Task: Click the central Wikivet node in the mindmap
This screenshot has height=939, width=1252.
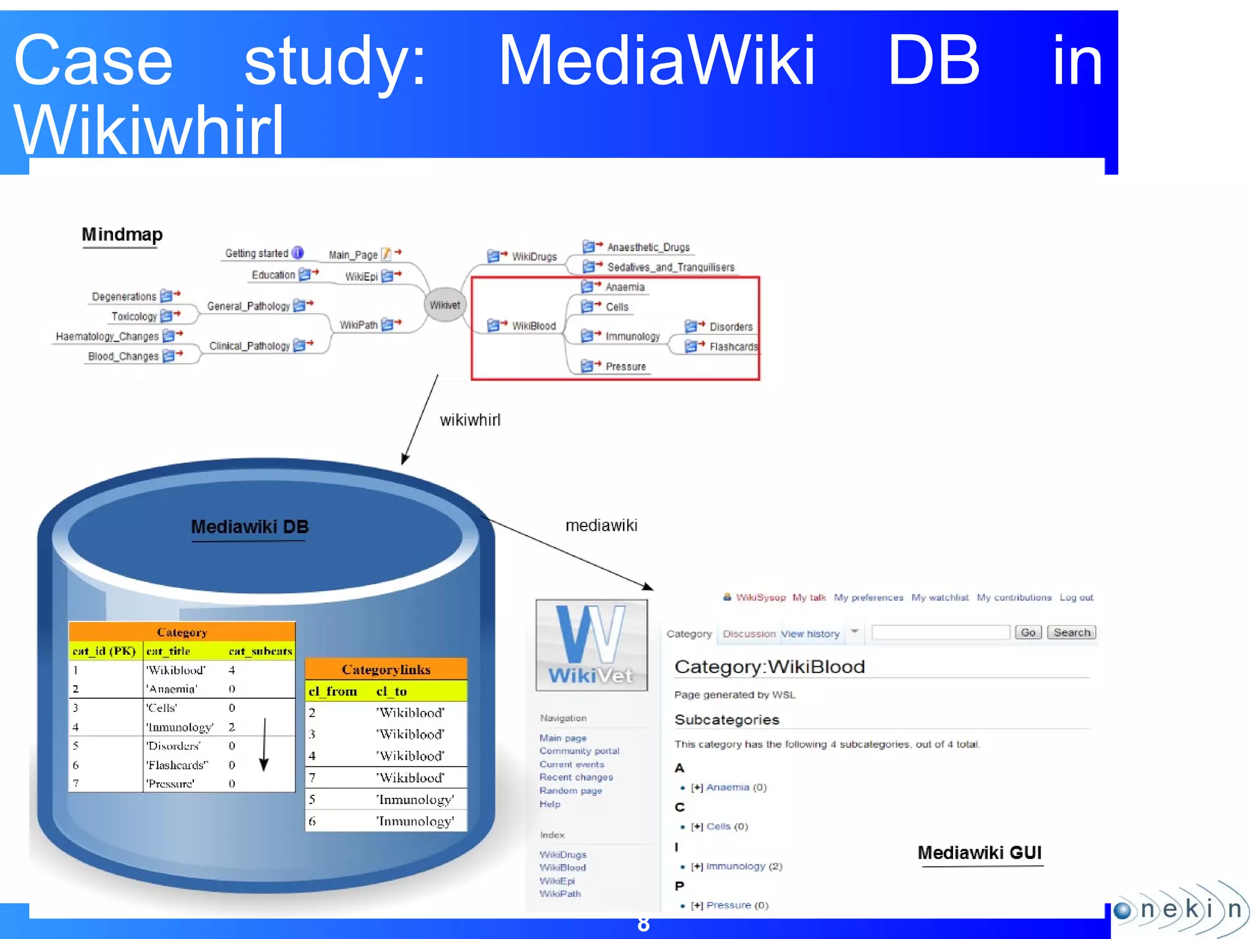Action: coord(444,304)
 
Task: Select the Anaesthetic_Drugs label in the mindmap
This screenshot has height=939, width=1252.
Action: coord(648,247)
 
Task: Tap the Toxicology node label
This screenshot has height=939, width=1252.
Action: coord(134,316)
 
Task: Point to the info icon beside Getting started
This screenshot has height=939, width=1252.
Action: coord(298,252)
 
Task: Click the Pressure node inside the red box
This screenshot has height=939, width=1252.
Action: coord(625,366)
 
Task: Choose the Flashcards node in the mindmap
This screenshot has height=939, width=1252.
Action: coord(732,347)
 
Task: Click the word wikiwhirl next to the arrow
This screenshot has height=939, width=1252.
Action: coord(469,420)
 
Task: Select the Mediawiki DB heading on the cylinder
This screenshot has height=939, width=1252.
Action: coord(249,526)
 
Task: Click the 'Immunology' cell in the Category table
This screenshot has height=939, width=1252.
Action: coord(179,727)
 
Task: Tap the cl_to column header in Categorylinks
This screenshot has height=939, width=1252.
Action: coord(391,691)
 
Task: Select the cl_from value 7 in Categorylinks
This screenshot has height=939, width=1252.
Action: coord(312,778)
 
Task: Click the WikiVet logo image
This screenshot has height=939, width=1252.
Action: coord(591,645)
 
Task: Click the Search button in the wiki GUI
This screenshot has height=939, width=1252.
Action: coord(1071,632)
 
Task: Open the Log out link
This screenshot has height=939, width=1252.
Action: coord(1076,597)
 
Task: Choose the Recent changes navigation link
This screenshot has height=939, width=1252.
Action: coord(576,777)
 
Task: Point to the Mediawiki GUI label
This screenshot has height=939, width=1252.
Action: coord(979,852)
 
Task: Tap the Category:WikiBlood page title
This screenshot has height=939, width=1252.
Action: coord(769,666)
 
